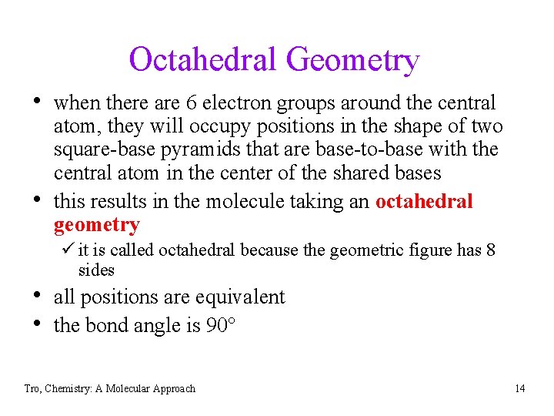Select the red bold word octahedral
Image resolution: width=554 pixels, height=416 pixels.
pos(424,201)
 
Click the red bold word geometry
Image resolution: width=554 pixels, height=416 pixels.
pos(96,226)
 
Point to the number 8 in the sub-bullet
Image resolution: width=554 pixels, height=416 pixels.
pos(490,250)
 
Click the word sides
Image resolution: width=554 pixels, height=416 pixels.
pos(96,270)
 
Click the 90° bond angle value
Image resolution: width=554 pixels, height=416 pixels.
pos(221,325)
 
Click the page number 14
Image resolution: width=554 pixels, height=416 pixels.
pos(520,388)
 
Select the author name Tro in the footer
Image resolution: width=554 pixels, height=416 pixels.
pos(32,388)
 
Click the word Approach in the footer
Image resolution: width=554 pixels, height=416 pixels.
pos(173,389)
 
